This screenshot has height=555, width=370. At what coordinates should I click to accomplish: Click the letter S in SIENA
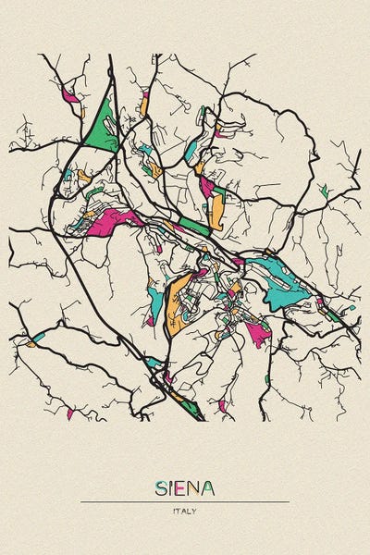point(161,487)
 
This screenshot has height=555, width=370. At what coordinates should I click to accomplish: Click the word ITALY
point(185,511)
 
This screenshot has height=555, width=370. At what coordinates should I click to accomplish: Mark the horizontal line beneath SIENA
point(185,501)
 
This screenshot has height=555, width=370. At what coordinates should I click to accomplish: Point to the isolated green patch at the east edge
point(323,191)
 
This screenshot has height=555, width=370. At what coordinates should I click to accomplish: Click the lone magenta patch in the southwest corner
point(69,413)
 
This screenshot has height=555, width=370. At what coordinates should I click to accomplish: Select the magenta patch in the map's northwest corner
point(70,94)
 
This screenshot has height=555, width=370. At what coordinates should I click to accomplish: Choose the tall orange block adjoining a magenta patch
point(216,210)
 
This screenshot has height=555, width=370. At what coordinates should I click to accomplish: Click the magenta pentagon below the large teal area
point(257,333)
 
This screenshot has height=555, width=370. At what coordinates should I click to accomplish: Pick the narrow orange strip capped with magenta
point(144,104)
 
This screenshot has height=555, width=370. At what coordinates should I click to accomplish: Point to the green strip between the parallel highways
point(194,227)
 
